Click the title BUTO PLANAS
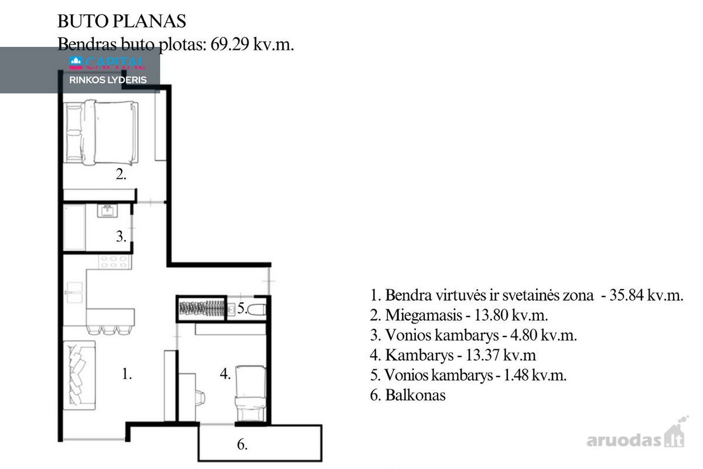[x=122, y=21]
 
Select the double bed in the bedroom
[x=101, y=132]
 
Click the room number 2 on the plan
[x=121, y=174]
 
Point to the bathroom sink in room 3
[x=107, y=211]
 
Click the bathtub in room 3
[x=74, y=227]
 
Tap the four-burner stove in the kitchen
[x=115, y=261]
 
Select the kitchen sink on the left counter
[x=74, y=293]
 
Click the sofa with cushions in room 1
[x=79, y=375]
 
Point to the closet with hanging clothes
[x=202, y=308]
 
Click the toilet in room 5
[x=257, y=310]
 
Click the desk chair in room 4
[x=200, y=398]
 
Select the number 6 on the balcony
[x=243, y=444]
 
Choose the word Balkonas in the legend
[x=415, y=395]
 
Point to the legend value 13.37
[x=483, y=355]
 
